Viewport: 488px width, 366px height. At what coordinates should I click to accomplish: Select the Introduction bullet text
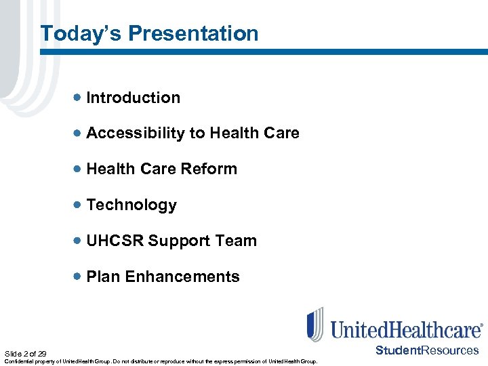(134, 98)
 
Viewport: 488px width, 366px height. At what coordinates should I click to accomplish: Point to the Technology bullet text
(131, 205)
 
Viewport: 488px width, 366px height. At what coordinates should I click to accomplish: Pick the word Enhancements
(182, 277)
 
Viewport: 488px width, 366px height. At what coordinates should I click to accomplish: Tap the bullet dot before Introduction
(79, 98)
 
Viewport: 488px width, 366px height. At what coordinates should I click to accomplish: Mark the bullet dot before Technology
(79, 205)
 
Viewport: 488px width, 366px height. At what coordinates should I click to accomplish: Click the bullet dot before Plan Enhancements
(79, 277)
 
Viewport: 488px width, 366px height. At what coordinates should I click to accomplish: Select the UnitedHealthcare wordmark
(406, 329)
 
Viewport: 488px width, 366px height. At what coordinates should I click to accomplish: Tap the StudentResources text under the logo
(427, 350)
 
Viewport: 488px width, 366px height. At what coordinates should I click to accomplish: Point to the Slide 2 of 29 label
(25, 354)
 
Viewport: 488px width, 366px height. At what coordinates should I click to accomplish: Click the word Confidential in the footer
(18, 361)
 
